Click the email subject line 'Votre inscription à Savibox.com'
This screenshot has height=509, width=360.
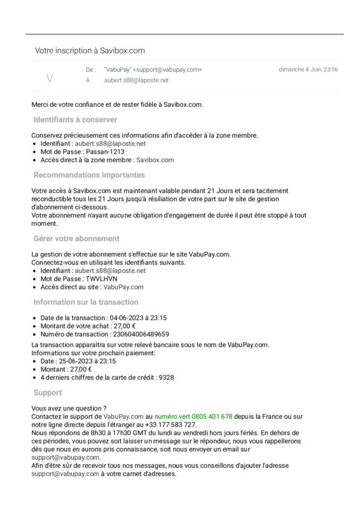(90, 50)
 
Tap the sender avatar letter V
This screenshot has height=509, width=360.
(50, 78)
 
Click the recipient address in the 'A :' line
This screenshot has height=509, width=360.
(136, 80)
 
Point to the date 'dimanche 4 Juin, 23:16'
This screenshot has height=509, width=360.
(308, 69)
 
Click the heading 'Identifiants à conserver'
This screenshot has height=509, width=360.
(75, 120)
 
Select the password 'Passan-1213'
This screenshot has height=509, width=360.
(105, 152)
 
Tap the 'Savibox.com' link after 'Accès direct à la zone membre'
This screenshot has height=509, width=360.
(155, 160)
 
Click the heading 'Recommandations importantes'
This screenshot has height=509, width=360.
(89, 175)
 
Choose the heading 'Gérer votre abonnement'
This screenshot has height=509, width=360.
(76, 239)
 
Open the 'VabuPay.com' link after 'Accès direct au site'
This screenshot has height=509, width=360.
(123, 287)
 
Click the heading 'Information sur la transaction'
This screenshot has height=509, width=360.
(86, 302)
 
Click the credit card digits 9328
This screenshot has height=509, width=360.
(166, 377)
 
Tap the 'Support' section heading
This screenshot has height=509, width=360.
(48, 393)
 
